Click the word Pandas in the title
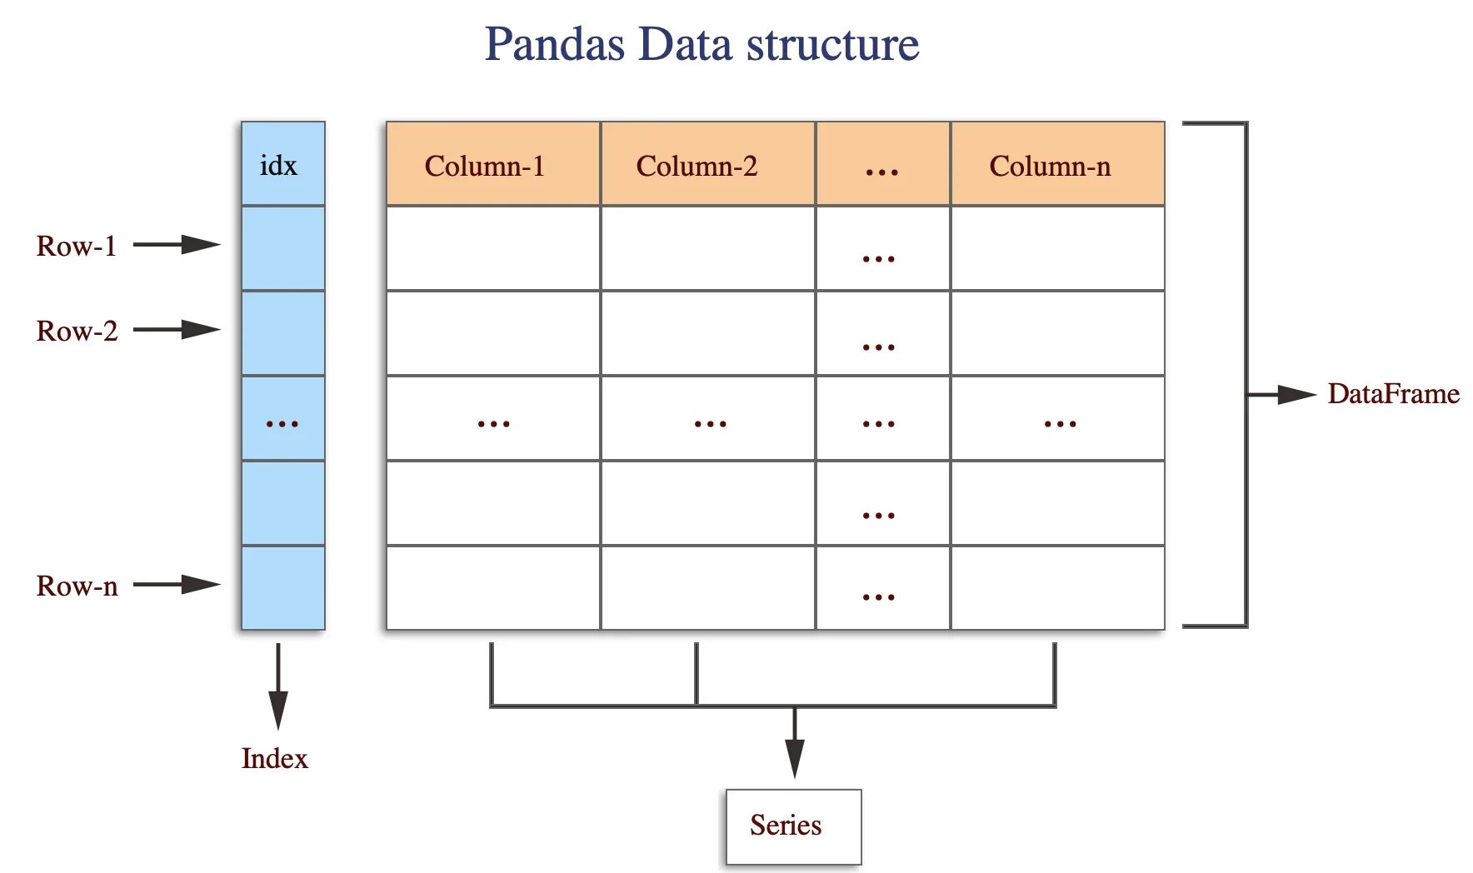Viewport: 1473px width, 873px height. point(554,44)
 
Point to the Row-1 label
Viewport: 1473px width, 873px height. point(76,247)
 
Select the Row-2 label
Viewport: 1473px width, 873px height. point(77,332)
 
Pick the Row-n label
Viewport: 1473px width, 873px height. point(77,586)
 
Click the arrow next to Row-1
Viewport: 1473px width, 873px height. point(177,245)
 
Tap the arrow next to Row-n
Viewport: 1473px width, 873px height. point(177,585)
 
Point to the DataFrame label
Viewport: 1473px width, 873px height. point(1393,394)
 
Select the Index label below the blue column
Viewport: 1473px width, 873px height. point(274,759)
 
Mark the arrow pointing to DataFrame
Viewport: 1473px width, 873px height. point(1283,395)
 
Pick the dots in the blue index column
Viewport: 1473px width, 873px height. point(282,424)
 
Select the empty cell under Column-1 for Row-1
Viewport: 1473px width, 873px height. point(492,248)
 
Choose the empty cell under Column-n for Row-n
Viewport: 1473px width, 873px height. point(1056,588)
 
